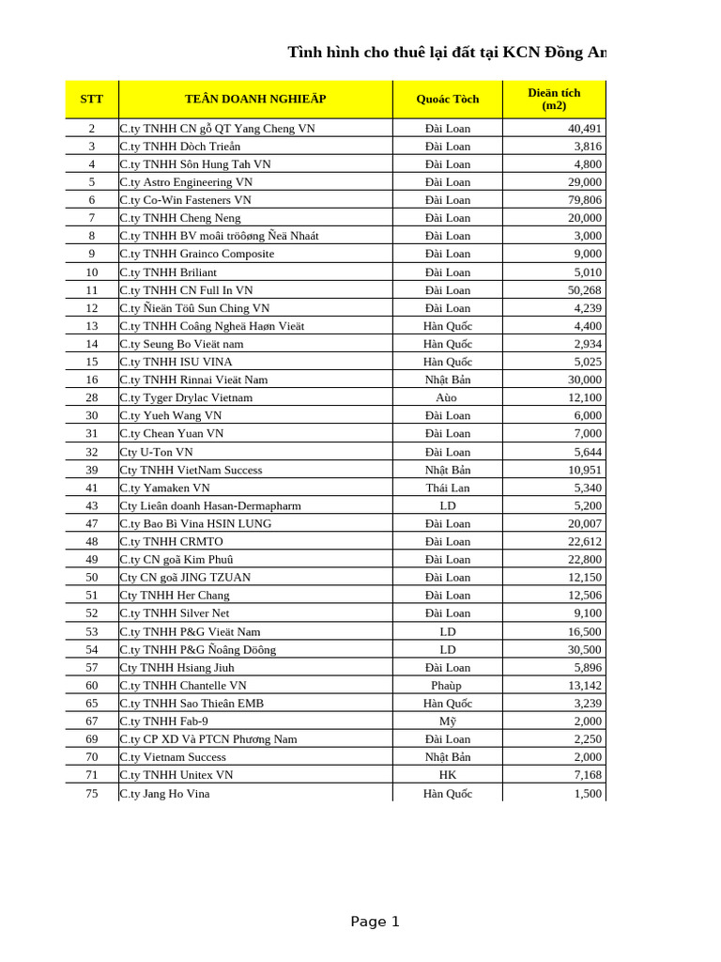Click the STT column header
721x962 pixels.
[x=92, y=99]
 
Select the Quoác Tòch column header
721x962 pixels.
[x=447, y=99]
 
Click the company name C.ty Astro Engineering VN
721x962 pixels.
[x=186, y=182]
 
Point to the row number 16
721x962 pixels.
[x=92, y=380]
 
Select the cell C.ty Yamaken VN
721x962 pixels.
[x=165, y=488]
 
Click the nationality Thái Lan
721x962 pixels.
[x=447, y=488]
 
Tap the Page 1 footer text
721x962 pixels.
[x=375, y=922]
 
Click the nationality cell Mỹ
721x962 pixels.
[x=447, y=721]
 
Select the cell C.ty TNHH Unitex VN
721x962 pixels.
[x=176, y=775]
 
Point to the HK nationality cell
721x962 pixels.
[x=447, y=775]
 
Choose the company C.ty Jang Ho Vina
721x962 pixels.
[x=165, y=794]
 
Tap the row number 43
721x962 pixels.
[x=92, y=505]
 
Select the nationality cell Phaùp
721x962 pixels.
[x=447, y=686]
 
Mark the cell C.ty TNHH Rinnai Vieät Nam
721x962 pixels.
[x=193, y=380]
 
